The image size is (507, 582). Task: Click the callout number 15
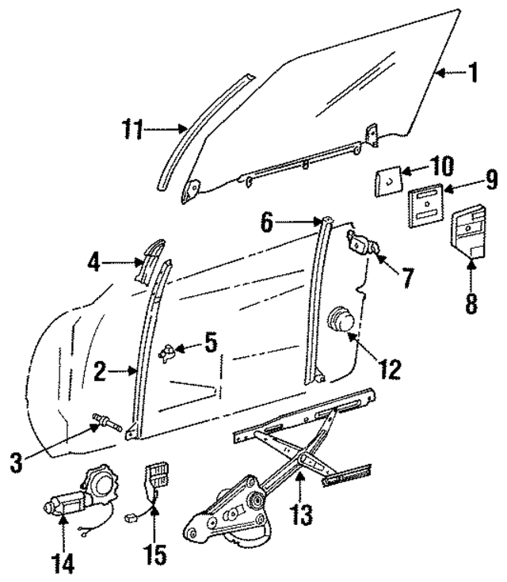[156, 553]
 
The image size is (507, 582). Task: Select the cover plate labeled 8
[467, 233]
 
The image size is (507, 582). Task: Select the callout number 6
[269, 223]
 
